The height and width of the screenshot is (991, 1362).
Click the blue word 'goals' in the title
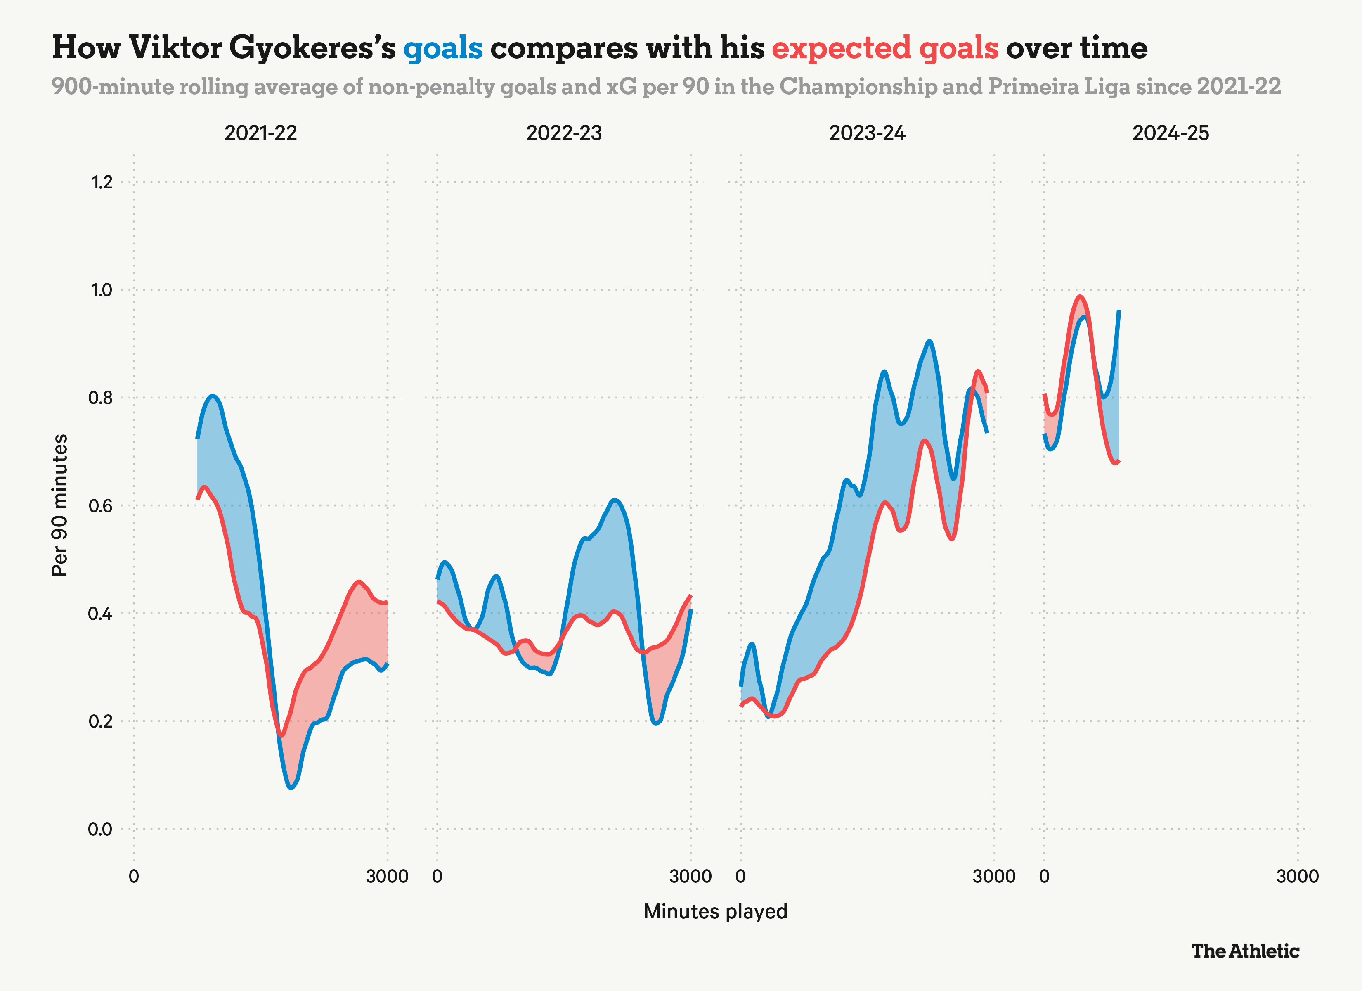(442, 48)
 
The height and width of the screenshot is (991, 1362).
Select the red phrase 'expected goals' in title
(884, 48)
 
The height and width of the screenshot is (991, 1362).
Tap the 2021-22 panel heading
(260, 133)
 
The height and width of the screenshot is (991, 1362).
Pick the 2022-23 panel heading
(564, 133)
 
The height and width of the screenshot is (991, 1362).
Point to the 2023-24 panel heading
(867, 133)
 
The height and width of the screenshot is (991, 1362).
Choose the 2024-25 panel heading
(1170, 133)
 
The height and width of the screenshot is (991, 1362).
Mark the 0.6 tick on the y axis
(100, 506)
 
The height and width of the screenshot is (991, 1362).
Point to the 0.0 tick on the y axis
(100, 829)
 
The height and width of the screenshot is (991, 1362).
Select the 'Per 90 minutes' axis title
(59, 505)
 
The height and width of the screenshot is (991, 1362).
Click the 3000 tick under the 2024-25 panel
(1297, 876)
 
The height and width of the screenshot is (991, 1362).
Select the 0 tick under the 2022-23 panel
(437, 876)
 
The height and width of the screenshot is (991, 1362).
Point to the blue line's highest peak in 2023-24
(929, 341)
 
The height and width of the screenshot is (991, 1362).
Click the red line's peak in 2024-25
(1080, 296)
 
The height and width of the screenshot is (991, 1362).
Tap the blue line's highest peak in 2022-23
(614, 500)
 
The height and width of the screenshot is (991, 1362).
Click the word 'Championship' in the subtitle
(858, 87)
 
